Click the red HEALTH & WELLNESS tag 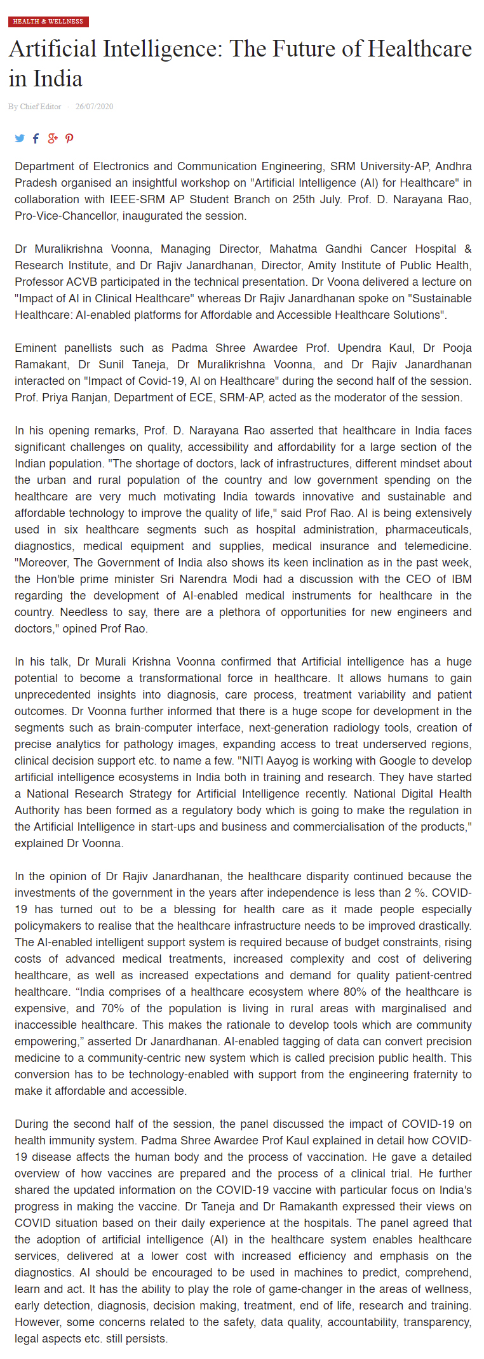(48, 22)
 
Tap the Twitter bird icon (20, 138)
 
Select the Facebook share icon (36, 138)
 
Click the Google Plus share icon (53, 138)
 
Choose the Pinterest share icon (69, 138)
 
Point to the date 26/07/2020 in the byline (94, 107)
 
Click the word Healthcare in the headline (420, 49)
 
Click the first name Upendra (360, 348)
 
